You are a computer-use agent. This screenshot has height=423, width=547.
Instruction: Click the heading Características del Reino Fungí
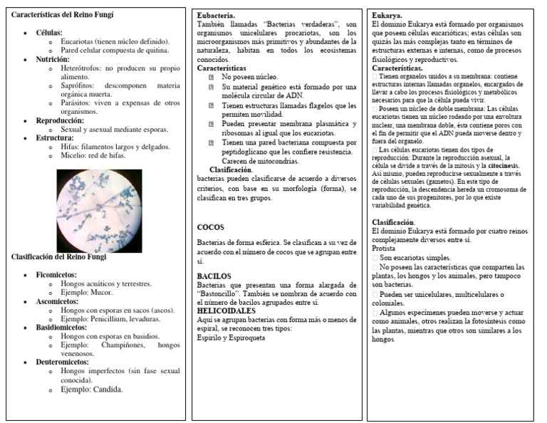63,15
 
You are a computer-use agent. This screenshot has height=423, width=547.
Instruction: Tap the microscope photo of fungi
99,211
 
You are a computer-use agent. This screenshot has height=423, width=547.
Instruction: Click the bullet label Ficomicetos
56,274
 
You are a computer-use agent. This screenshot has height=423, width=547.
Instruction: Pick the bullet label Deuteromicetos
63,362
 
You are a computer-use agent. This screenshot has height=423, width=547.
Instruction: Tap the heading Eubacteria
217,14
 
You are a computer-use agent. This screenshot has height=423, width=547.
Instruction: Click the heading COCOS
212,227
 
